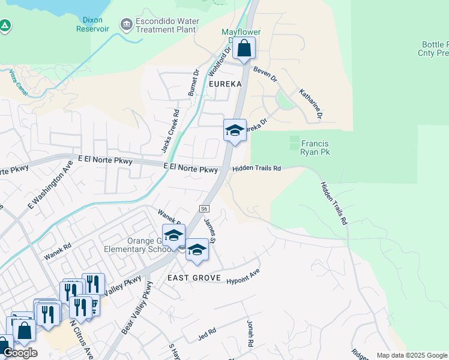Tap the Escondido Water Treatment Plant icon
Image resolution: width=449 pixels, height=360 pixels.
coord(127,25)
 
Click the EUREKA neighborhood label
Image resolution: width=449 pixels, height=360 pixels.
coord(224,85)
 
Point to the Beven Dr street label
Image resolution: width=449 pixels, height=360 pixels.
coord(265,74)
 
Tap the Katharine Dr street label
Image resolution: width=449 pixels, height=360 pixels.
coord(311,103)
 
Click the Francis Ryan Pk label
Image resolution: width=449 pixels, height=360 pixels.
coord(315,148)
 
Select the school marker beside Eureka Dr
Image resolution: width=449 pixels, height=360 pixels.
coord(235,131)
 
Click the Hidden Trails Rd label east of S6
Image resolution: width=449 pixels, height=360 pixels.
coord(256,169)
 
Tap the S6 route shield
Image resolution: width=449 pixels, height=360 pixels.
coord(204,208)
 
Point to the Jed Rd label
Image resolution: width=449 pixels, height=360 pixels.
coord(207,333)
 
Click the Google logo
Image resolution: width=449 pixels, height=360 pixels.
coord(20,353)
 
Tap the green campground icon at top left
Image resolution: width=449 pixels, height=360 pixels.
coord(5,25)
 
